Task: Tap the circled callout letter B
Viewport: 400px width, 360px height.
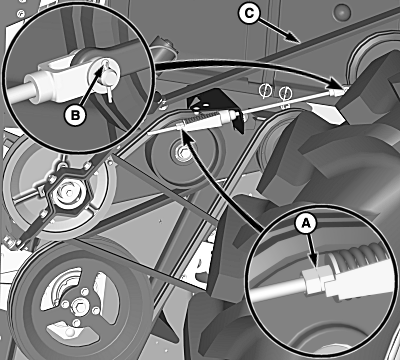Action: pos(76,115)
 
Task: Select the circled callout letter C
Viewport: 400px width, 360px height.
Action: pos(249,14)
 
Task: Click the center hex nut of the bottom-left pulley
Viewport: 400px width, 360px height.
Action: pos(80,304)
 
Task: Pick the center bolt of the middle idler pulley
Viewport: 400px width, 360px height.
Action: pos(183,152)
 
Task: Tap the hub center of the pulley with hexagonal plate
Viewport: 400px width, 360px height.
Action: pos(68,193)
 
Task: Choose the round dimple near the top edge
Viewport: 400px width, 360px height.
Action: pos(342,12)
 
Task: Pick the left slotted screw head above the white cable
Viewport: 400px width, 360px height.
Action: pos(265,91)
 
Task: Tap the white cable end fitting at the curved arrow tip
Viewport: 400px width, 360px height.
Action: pos(337,91)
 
